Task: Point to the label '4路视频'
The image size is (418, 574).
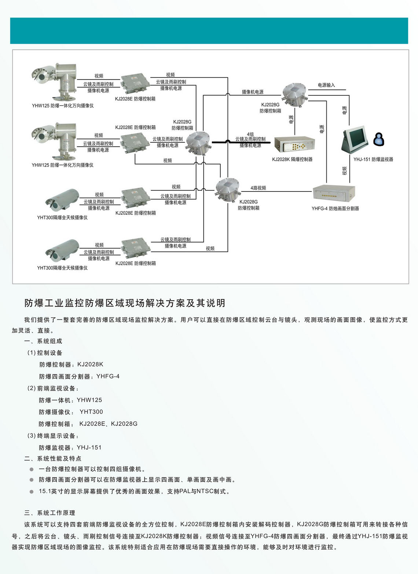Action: pos(258,188)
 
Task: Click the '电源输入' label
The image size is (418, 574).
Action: pos(326,85)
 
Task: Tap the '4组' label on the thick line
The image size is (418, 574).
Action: pos(250,134)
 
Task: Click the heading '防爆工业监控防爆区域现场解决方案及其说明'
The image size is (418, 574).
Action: pos(125,303)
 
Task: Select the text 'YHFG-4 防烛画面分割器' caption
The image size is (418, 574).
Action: pos(335,208)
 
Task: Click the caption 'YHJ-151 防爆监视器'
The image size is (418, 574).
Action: pos(373,159)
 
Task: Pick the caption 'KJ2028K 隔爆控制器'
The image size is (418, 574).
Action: pos(292,159)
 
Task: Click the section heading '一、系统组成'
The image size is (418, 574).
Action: pos(43,341)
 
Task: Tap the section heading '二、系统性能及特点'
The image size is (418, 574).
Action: pos(53,458)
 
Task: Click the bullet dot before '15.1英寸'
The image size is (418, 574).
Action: pos(32,491)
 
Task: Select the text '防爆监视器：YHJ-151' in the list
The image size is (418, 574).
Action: pos(70,447)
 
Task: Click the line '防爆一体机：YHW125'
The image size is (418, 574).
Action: pos(70,400)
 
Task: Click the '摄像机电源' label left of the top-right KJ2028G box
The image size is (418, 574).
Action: pos(253,92)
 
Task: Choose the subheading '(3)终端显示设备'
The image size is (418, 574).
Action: pos(53,436)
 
